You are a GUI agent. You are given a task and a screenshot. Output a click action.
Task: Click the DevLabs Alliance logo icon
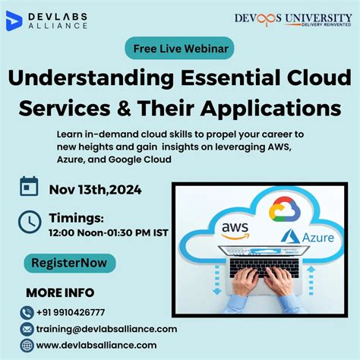[14, 20]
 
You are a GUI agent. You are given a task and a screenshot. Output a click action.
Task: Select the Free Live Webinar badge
[179, 49]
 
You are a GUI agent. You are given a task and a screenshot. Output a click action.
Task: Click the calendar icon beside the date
[29, 187]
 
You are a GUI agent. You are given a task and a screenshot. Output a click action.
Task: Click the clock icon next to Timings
[29, 222]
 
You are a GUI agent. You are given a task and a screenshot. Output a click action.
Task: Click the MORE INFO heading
[60, 292]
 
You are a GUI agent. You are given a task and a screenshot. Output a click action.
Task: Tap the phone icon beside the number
[27, 312]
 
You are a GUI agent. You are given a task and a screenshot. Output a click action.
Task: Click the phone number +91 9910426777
[71, 312]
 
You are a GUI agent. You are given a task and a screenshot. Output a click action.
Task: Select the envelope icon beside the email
[27, 329]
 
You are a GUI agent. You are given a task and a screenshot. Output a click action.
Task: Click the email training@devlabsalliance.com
[106, 329]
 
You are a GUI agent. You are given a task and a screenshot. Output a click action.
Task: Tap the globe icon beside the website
[27, 346]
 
